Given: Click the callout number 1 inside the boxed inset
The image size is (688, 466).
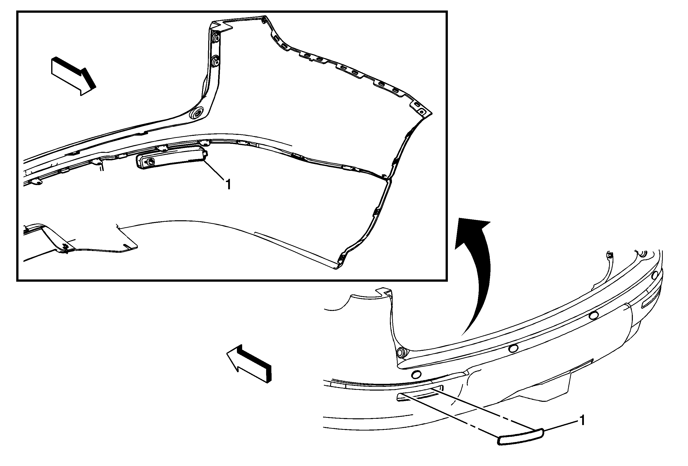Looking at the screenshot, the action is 228,185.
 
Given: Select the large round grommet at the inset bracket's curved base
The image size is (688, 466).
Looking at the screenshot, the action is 196,113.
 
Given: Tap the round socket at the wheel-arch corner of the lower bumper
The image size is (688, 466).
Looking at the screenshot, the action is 401,352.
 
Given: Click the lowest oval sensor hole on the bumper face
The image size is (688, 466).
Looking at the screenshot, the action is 417,375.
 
